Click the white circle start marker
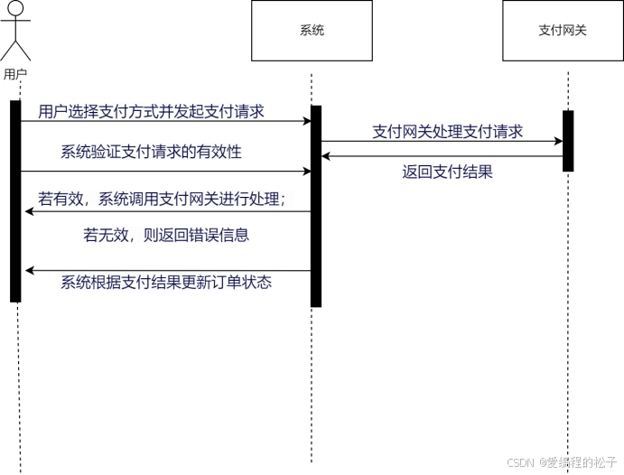15,8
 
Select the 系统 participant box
312,31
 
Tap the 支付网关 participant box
563,31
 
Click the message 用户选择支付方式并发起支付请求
151,112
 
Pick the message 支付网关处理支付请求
448,132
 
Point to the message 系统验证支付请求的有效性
151,152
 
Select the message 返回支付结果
448,172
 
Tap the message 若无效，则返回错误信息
166,235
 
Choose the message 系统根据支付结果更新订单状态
166,282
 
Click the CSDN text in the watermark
519,461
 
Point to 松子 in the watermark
602,461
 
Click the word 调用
144,200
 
